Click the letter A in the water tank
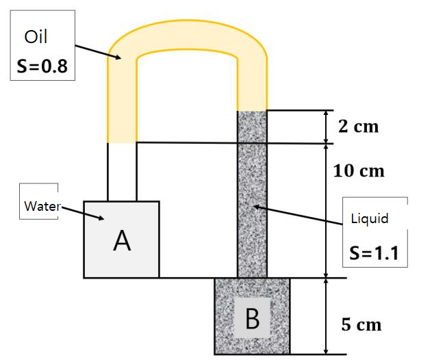121,240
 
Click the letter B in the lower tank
252,319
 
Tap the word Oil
36,36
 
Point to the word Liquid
370,219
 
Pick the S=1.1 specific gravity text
374,251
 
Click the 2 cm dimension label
359,127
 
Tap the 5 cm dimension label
361,324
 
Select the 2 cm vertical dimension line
324,127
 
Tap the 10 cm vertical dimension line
324,210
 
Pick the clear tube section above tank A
122,171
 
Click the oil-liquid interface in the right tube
251,111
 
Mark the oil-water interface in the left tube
122,142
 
